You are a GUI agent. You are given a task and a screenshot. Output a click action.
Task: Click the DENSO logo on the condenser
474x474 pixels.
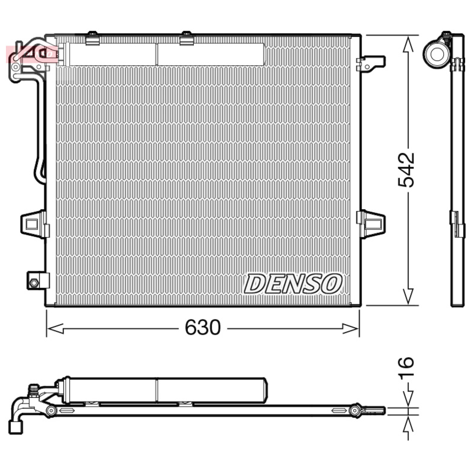(293, 283)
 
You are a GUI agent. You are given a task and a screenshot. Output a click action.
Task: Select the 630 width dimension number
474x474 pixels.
(203, 328)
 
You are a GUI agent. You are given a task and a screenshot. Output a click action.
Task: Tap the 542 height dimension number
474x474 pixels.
(406, 169)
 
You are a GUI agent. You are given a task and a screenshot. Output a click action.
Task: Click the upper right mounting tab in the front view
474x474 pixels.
(371, 62)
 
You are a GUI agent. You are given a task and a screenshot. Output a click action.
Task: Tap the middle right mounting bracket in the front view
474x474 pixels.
(371, 223)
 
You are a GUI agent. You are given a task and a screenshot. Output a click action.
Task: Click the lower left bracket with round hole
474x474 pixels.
(36, 280)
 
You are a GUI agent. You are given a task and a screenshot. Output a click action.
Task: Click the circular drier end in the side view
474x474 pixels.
(438, 53)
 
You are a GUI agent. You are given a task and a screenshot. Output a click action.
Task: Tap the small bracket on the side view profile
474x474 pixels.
(457, 223)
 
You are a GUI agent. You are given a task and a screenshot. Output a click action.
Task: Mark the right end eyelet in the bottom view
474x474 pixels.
(356, 410)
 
